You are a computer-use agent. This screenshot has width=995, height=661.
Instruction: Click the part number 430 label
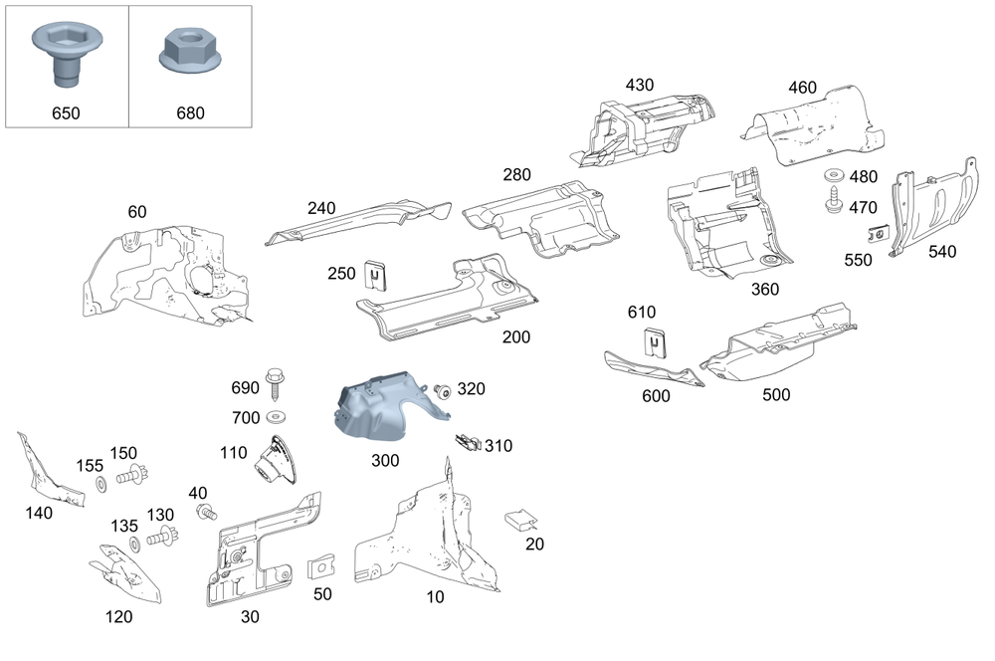tap(640, 85)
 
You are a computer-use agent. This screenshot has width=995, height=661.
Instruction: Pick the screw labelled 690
tap(274, 383)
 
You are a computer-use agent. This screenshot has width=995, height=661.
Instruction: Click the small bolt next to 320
tap(443, 390)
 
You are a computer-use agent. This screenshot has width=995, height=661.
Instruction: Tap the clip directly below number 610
tap(654, 341)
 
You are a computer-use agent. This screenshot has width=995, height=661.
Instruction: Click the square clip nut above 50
tap(321, 568)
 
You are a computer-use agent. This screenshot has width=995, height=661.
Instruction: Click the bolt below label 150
tap(130, 478)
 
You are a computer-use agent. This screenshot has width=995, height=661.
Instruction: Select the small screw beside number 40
tap(207, 513)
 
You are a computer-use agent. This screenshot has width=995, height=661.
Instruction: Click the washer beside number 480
tap(832, 178)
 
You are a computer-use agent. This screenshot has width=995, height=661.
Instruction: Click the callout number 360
tap(765, 289)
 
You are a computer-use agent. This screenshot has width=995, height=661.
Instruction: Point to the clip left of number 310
tap(467, 440)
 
